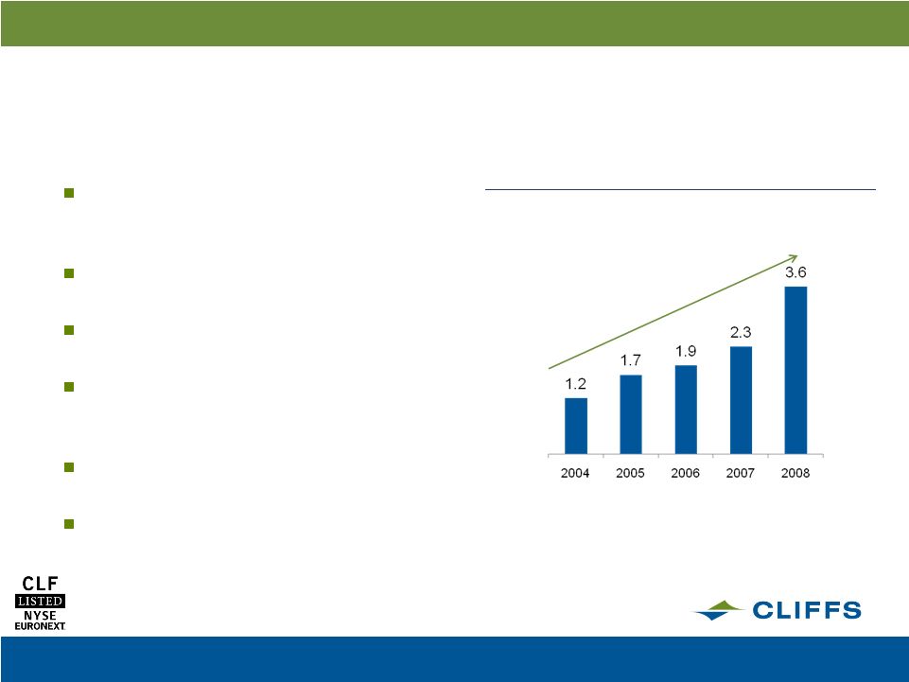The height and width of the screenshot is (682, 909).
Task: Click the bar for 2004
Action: (x=576, y=426)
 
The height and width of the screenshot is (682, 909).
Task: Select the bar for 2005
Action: (x=631, y=414)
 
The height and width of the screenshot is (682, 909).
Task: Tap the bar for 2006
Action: (x=686, y=410)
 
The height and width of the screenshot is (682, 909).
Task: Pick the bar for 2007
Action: (x=741, y=400)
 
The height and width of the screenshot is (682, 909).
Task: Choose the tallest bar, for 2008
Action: (x=795, y=370)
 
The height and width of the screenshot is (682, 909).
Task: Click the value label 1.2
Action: (x=576, y=384)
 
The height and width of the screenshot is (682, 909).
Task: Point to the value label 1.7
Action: (x=631, y=360)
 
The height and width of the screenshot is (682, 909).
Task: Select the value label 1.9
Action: (x=686, y=352)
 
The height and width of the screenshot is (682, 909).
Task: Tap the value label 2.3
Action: (x=741, y=332)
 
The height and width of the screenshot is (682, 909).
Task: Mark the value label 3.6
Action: (x=795, y=272)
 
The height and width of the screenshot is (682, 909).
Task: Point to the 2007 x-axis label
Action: (x=741, y=473)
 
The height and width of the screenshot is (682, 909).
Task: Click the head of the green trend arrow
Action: (x=797, y=255)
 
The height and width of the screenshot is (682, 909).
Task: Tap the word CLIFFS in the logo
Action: (x=807, y=610)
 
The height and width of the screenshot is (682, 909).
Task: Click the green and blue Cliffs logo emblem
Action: (x=718, y=610)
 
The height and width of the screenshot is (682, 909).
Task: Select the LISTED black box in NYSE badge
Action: (x=40, y=601)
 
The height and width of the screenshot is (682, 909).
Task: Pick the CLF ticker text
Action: (x=40, y=584)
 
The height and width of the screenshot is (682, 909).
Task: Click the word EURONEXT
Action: (x=40, y=626)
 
